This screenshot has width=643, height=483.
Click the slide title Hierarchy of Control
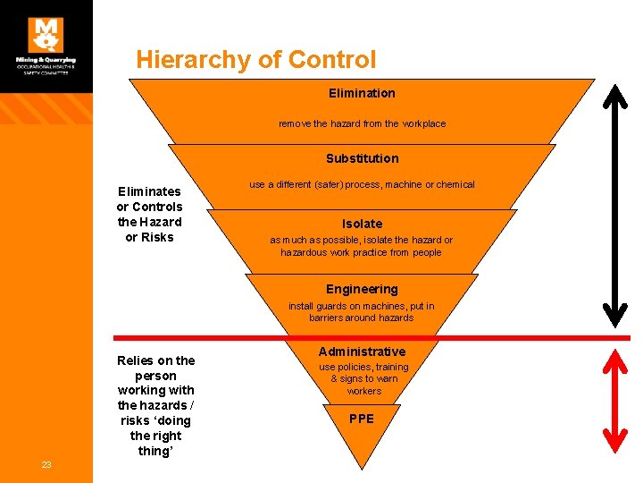click(x=256, y=60)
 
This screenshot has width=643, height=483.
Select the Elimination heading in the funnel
click(x=362, y=93)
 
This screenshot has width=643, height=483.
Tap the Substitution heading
click(x=362, y=158)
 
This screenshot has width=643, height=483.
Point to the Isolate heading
click(x=362, y=224)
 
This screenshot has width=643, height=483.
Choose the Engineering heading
click(x=362, y=289)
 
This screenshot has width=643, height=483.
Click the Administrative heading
click(x=362, y=352)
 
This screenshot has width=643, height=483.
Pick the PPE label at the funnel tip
click(x=362, y=419)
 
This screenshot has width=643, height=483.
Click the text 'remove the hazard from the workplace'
click(x=362, y=123)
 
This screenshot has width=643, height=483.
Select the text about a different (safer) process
click(x=362, y=184)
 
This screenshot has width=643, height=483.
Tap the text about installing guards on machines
click(x=362, y=311)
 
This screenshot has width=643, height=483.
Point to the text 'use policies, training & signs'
click(x=363, y=379)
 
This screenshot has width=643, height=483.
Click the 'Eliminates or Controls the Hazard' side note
click(x=150, y=214)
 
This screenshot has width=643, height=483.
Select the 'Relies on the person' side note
click(x=155, y=405)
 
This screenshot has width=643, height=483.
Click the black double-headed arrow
click(x=614, y=206)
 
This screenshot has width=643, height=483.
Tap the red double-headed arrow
click(x=614, y=398)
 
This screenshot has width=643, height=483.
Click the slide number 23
click(x=46, y=464)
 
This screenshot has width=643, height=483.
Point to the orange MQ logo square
click(x=46, y=34)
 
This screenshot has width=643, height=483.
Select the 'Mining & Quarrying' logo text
click(x=46, y=61)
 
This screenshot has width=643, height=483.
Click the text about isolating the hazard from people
click(x=362, y=246)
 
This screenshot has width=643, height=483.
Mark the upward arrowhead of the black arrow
click(x=614, y=93)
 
